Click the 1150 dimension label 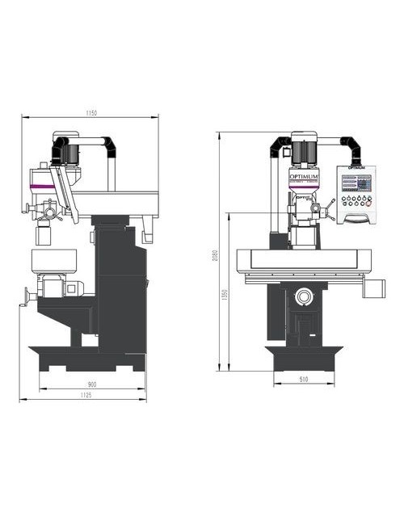90,114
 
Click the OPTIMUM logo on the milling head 305,175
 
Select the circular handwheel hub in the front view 305,296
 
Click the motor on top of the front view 305,152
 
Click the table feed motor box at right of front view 376,287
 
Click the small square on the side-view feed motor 70,288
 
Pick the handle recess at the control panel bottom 356,217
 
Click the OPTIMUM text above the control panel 356,167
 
